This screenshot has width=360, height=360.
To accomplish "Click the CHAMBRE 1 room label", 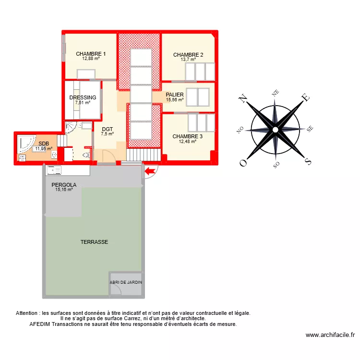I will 91,54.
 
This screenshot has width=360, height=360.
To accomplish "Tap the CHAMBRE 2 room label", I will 188,55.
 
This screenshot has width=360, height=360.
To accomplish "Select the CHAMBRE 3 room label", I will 188,136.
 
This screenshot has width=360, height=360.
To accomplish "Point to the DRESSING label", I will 83,97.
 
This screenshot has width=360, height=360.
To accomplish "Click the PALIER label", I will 175,95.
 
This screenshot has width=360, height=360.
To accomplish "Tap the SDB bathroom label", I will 44,143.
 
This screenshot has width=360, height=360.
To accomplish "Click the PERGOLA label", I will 64,184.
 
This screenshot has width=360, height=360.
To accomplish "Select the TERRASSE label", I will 94,242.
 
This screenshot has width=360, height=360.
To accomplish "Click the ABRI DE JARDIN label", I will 126,283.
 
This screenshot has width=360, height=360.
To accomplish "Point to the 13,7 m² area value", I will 188,60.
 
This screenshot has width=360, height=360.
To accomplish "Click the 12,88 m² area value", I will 91,59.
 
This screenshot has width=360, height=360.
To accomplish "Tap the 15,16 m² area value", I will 64,190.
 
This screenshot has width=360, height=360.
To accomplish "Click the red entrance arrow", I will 151,170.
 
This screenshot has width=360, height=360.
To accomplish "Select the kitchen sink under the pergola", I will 54,169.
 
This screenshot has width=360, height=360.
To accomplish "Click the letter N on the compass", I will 243,99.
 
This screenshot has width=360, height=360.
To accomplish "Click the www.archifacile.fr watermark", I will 330,335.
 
